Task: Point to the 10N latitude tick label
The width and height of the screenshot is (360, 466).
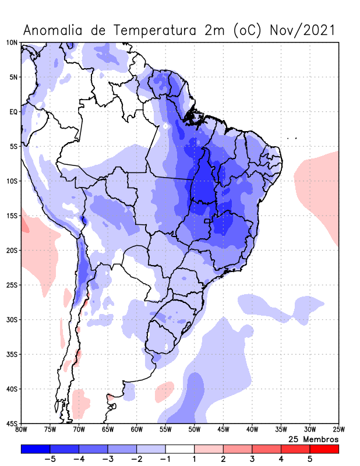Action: click(12, 43)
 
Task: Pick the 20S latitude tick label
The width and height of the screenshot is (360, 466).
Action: click(12, 250)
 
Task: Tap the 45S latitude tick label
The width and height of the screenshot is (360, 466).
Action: click(12, 423)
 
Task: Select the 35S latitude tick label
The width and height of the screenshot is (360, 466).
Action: click(12, 354)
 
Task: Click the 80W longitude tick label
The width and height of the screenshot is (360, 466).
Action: click(22, 430)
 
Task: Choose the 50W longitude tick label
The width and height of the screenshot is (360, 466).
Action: click(195, 430)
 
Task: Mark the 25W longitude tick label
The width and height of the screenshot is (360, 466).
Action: click(338, 430)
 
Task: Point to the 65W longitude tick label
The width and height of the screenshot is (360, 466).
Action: click(108, 430)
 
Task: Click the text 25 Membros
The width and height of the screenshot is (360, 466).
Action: click(313, 439)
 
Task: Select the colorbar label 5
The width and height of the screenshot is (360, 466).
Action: click(310, 459)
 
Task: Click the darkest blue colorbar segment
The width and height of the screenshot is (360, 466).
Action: click(36, 449)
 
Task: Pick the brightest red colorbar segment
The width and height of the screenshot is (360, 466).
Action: click(324, 449)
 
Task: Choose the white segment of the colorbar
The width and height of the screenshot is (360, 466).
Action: click(180, 449)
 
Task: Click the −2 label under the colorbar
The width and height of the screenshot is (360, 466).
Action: click(135, 459)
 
